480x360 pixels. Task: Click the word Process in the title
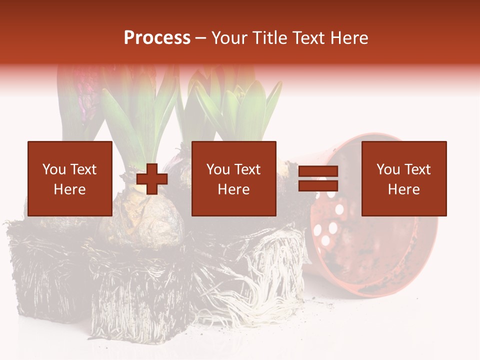[157, 38]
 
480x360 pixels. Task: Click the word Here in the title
[349, 38]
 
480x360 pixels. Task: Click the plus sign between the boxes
[152, 179]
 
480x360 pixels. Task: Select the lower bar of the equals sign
[318, 186]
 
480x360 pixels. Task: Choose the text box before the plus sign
[69, 178]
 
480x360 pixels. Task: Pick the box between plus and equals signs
[233, 178]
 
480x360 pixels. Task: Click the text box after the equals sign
[403, 178]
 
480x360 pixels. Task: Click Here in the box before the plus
[69, 189]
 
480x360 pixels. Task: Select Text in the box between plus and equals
[247, 169]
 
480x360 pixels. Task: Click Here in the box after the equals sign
[403, 189]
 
